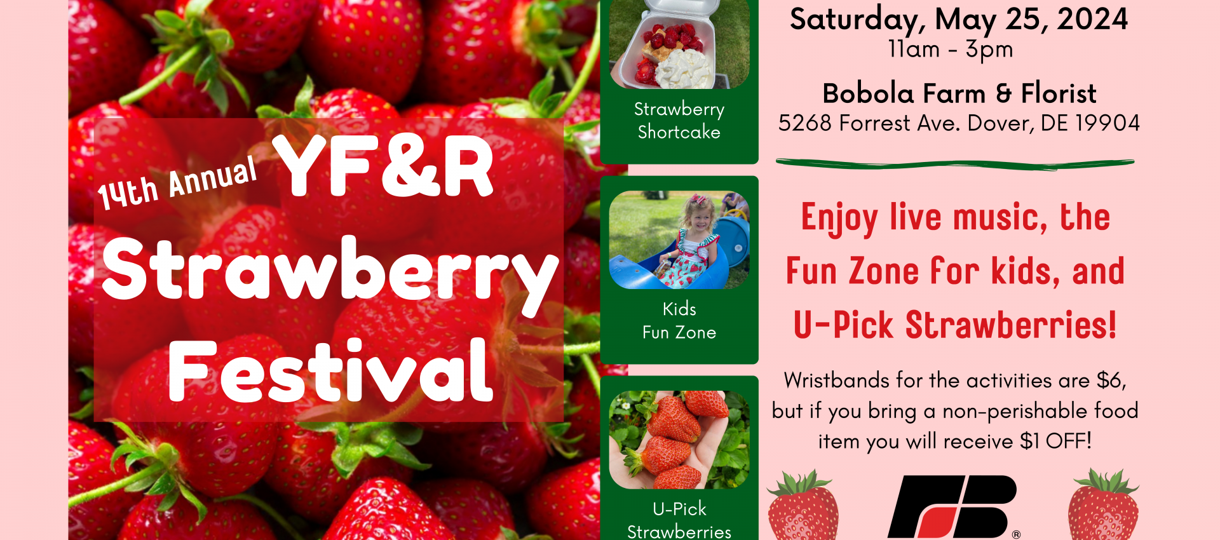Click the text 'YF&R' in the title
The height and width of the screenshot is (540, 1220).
(x=383, y=166)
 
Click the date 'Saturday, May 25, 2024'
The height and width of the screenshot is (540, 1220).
(x=959, y=19)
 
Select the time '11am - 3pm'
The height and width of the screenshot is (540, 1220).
(x=951, y=50)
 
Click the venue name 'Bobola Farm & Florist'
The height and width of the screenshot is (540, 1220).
(x=959, y=93)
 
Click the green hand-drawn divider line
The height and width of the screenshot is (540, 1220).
(x=955, y=165)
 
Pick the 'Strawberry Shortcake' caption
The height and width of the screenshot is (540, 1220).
(x=679, y=121)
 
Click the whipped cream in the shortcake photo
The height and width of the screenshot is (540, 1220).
(x=684, y=69)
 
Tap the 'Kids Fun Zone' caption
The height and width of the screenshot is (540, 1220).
(x=679, y=321)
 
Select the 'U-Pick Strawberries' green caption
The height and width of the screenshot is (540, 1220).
(x=679, y=520)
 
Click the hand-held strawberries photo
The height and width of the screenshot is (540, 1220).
(x=679, y=440)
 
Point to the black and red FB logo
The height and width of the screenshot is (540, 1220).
(x=953, y=506)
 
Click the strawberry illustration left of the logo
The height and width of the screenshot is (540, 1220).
(x=803, y=506)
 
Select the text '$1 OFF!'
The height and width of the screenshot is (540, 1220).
(x=1055, y=441)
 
